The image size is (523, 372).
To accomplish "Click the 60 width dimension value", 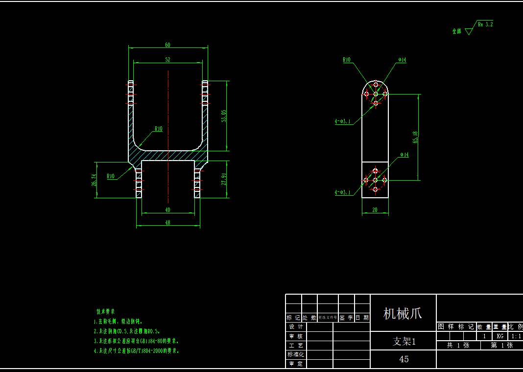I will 167,45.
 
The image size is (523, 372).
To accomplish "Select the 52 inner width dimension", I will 167,59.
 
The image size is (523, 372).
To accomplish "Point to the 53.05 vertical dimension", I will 224,116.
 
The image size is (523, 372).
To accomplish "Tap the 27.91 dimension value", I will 224,179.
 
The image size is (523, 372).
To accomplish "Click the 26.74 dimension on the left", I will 94,180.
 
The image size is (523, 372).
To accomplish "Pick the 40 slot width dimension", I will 168,210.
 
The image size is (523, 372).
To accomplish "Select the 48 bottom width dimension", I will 167,223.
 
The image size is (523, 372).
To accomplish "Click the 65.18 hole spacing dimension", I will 416,138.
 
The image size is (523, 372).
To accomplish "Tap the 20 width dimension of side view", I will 375,210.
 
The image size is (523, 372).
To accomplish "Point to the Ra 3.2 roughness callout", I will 485,23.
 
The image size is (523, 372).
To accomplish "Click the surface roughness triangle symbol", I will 469,31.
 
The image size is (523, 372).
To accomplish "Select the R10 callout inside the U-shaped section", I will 158,129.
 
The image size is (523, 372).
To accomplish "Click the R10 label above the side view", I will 347,60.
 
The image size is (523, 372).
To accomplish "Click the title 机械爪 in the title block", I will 403,313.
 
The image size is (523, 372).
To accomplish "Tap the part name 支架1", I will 404,341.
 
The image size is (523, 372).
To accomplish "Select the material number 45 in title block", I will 404,359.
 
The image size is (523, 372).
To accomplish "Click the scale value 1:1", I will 516,336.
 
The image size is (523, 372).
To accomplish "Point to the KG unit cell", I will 500,336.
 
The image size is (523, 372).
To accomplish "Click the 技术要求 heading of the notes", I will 105,311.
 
